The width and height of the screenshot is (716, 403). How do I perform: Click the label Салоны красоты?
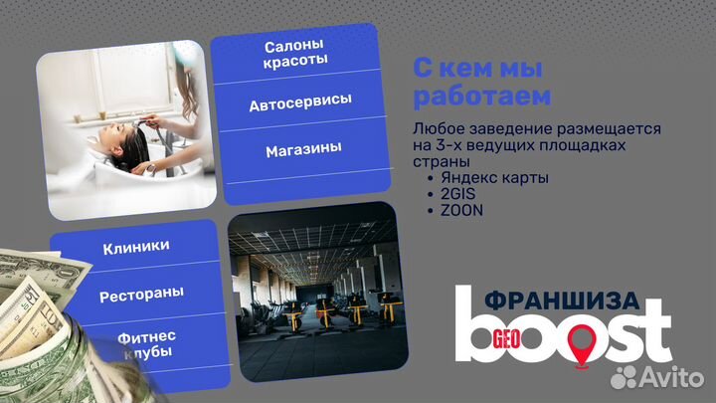(296, 54)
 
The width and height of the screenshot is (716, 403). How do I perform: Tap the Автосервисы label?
(300, 103)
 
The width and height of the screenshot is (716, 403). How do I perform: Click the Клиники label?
(135, 245)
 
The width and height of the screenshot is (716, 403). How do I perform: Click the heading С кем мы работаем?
(480, 84)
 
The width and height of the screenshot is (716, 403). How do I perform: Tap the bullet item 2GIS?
(454, 194)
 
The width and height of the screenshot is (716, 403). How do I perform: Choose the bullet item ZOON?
(459, 210)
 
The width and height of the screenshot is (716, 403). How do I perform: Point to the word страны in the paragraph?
(439, 162)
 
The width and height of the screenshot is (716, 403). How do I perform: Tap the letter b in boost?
(474, 323)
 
